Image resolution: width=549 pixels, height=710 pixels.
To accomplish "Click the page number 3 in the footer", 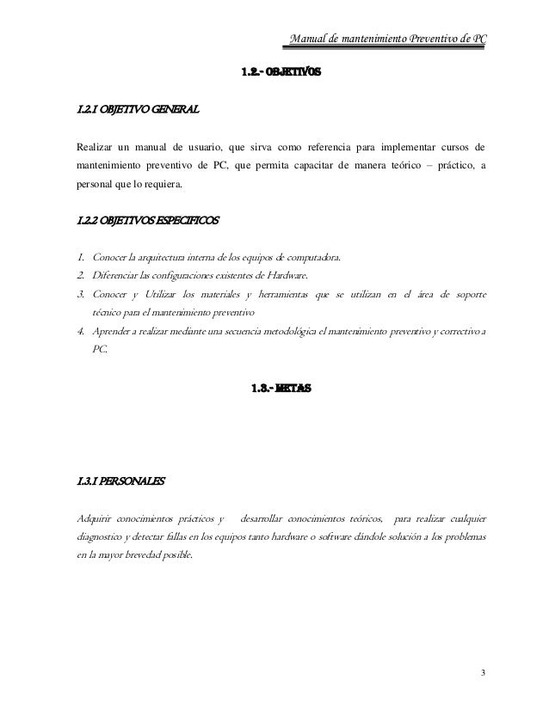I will click(484, 671).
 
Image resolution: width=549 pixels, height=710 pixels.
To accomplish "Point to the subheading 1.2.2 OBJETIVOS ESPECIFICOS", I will click(148, 221).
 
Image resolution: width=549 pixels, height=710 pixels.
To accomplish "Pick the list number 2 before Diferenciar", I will click(79, 275).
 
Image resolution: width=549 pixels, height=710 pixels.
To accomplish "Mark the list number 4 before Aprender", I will click(79, 332).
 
